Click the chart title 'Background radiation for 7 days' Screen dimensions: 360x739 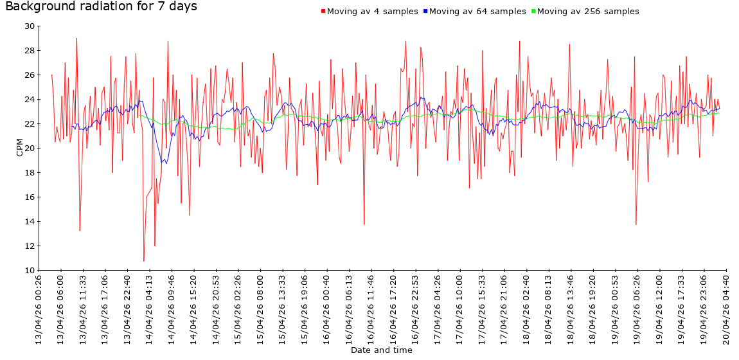coord(101,7)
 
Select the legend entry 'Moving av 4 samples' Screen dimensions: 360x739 coord(372,12)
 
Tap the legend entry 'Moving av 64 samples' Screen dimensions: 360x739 coord(476,12)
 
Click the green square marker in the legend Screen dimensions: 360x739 coord(533,12)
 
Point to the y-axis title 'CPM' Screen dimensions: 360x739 coord(19,148)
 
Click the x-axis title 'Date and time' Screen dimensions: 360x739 coord(381,350)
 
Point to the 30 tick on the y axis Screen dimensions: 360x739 coord(30,26)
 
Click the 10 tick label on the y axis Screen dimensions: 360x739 coord(30,271)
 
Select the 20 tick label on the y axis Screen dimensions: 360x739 coord(30,148)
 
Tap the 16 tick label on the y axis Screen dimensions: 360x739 coord(30,197)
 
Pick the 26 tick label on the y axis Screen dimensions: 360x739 coord(30,75)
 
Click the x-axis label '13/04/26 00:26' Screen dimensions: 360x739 coord(39,309)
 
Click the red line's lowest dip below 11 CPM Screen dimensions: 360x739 coord(144,261)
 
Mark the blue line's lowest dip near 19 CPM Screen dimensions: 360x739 coord(164,163)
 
